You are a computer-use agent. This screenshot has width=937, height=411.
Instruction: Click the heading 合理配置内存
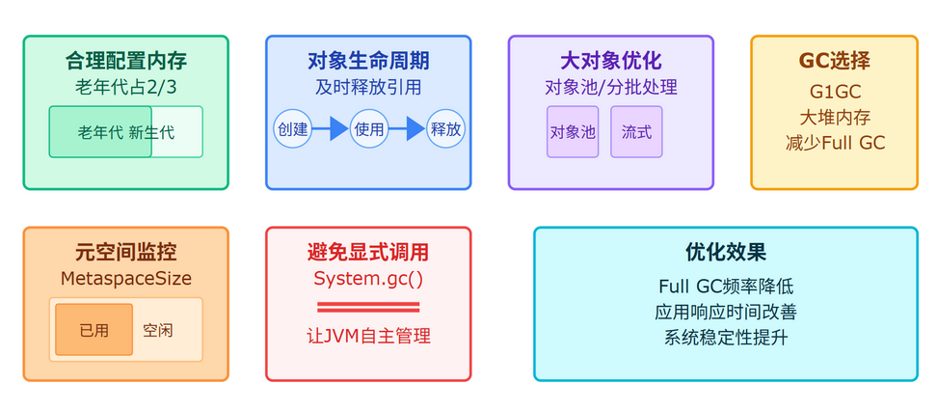click(125, 61)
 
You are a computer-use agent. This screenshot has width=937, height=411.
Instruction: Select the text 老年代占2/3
click(125, 87)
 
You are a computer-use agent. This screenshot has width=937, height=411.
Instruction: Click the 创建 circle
click(292, 129)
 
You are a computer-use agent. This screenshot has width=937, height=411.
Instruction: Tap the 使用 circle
click(368, 129)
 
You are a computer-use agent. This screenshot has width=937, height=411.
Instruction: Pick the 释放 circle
click(445, 129)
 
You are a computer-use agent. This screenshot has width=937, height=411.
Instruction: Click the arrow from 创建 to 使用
click(330, 129)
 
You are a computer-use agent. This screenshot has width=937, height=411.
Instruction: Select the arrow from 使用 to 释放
click(407, 129)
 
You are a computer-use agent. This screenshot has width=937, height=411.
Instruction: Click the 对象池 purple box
click(573, 132)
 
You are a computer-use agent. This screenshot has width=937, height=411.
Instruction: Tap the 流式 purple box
click(636, 132)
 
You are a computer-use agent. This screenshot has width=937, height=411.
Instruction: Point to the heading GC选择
click(834, 61)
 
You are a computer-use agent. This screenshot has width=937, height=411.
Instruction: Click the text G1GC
click(834, 92)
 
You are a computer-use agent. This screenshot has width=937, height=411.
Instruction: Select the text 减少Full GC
click(834, 143)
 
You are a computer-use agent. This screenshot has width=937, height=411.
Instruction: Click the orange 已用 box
click(94, 330)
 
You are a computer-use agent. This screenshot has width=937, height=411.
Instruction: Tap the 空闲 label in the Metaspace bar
click(158, 330)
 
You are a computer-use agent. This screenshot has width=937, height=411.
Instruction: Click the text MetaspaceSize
click(125, 279)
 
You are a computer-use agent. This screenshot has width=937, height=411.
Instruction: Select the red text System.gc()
click(368, 279)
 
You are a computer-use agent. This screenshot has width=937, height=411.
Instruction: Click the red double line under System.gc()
click(368, 308)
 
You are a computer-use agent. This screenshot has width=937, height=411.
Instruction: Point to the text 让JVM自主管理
click(368, 336)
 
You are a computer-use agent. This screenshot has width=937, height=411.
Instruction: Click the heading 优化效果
click(725, 253)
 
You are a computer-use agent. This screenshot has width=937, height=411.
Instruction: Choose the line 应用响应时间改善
click(725, 312)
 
